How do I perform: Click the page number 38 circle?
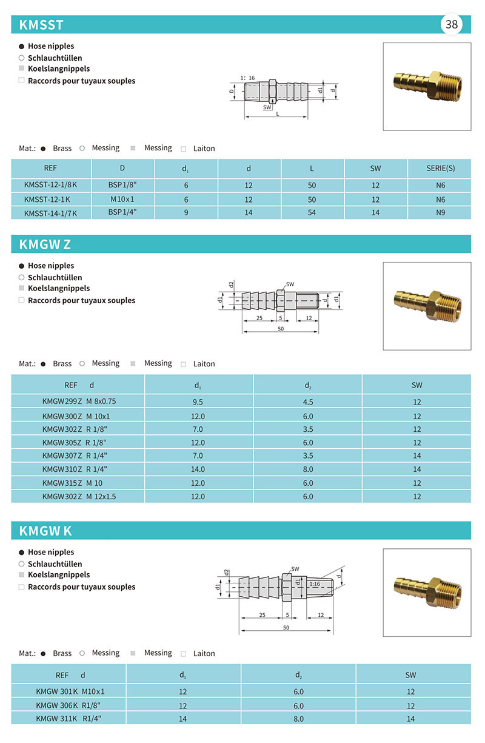452,24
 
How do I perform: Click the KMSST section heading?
41,25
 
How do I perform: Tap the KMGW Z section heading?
45,244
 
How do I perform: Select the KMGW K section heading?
45,531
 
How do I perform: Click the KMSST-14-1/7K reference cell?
51,213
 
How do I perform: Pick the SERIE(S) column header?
440,168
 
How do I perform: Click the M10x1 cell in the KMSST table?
123,199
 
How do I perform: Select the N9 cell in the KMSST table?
440,213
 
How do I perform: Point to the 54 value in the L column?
312,213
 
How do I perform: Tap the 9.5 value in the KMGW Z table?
198,402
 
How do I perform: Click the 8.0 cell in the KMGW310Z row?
307,469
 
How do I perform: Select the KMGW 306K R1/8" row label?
70,705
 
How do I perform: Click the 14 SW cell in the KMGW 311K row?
411,719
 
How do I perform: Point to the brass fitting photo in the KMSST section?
427,86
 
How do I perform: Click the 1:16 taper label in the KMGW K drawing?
315,583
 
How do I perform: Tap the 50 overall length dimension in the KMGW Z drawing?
281,328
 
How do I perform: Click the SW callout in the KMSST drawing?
267,107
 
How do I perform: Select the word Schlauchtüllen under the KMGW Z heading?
55,277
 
